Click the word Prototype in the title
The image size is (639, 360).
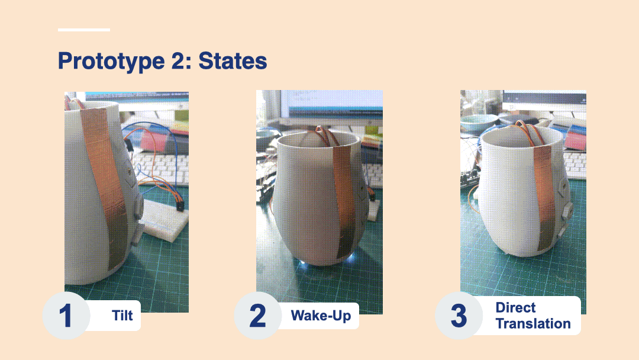tap(111, 62)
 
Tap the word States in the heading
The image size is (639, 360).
tap(233, 61)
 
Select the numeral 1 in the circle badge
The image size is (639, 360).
tap(65, 316)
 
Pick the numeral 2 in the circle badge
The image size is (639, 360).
tap(257, 316)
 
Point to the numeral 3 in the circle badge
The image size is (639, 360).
tap(459, 316)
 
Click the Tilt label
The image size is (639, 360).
tap(122, 315)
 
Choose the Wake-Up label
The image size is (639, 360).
tap(321, 315)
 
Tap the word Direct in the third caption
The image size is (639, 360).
tap(515, 307)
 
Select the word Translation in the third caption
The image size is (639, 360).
tap(533, 324)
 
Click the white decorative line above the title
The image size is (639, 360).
tap(84, 30)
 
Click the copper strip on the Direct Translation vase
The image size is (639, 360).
tap(544, 196)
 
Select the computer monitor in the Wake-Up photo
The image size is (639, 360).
tap(331, 105)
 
